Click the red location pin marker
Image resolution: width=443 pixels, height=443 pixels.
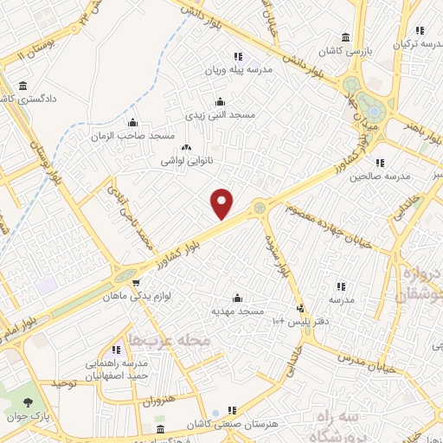222,203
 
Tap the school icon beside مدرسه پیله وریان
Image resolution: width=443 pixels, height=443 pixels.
238,56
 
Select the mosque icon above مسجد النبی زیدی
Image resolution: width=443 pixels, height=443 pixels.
220,101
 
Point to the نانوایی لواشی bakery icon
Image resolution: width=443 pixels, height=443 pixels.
185,148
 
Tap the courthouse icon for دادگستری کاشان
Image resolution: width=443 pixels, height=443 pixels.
22,86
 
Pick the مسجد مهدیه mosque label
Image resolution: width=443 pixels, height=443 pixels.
237,309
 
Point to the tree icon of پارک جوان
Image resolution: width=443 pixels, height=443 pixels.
28,401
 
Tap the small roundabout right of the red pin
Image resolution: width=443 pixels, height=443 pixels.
260,207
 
